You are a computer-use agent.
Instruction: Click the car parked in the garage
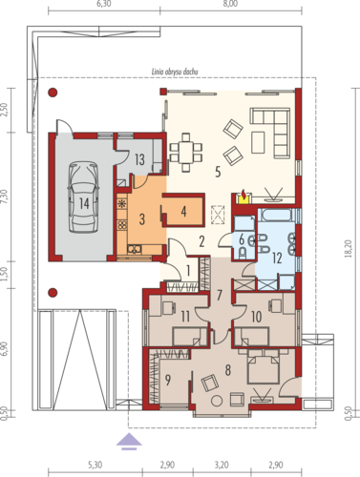83,197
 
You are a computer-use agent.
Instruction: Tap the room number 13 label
139,159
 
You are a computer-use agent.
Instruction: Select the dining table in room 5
186,152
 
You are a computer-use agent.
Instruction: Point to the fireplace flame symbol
244,194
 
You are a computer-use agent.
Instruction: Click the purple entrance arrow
129,442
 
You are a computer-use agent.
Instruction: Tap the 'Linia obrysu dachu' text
175,72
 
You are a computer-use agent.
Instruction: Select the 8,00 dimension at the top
230,4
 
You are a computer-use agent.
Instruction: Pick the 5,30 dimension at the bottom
95,465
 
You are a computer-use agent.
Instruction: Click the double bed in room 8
265,367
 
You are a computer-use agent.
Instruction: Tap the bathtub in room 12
275,215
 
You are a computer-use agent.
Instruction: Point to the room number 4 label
183,211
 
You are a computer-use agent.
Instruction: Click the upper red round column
53,93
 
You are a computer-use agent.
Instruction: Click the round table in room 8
217,400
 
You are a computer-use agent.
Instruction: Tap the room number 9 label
168,380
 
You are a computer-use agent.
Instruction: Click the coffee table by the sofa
258,142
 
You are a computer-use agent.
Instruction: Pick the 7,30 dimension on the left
6,197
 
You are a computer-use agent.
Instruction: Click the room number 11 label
185,317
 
